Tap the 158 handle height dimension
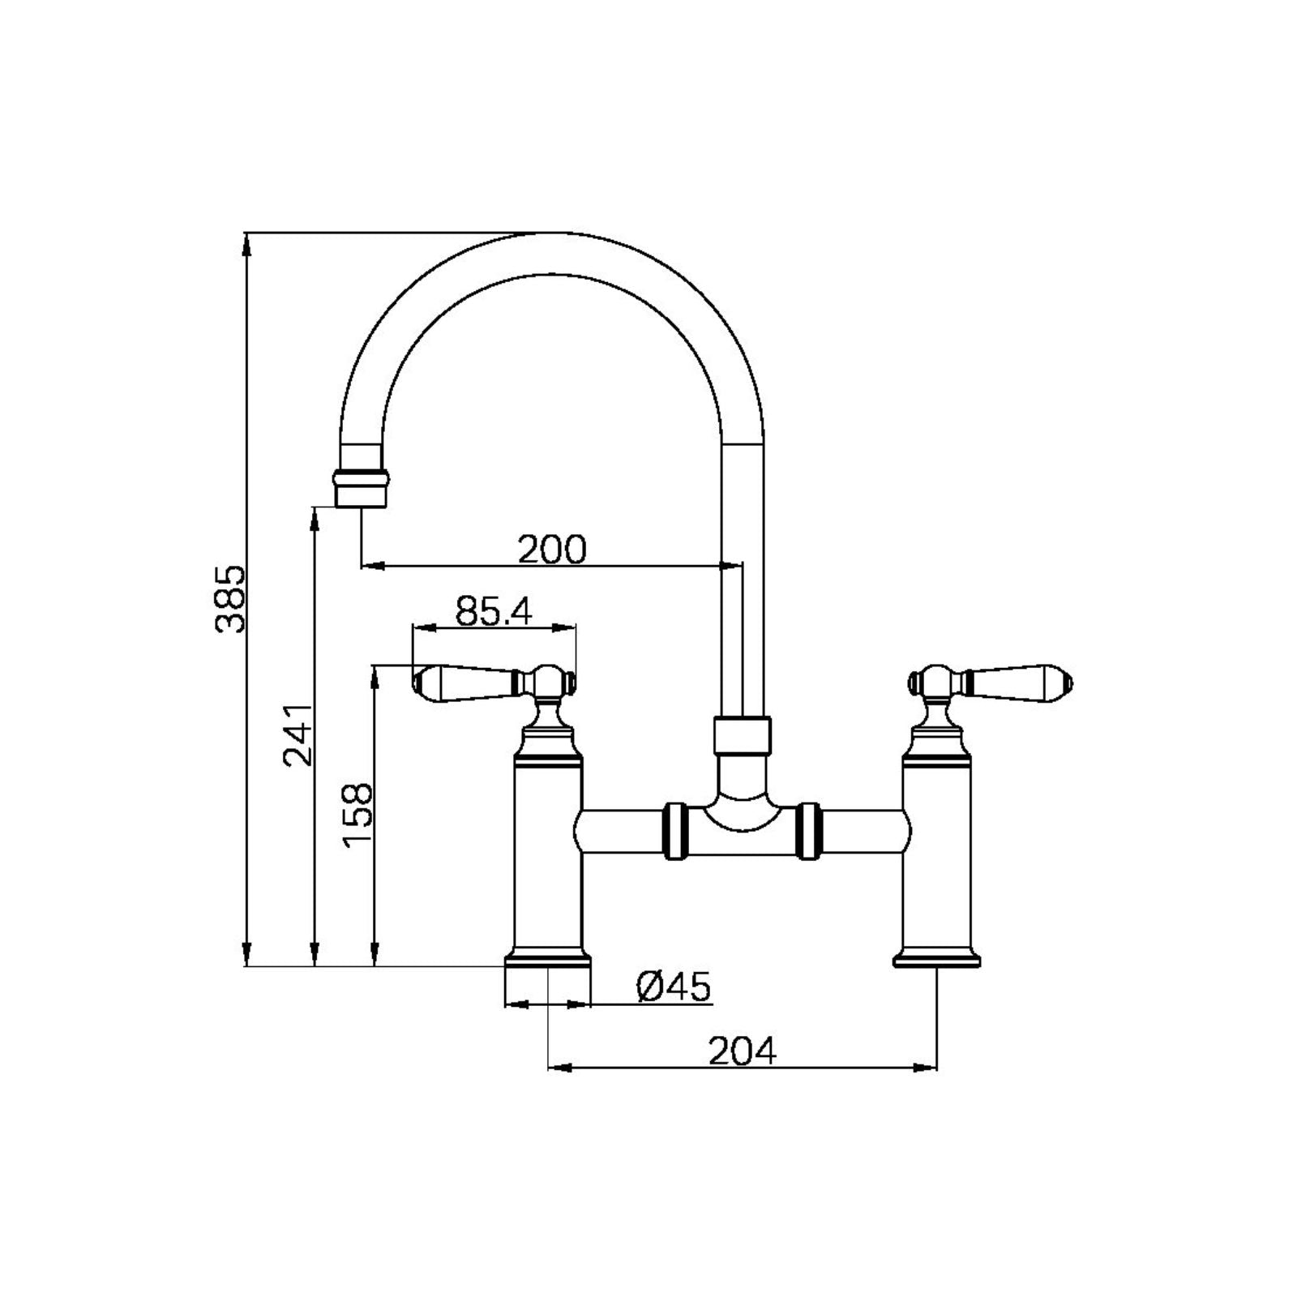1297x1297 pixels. click(357, 814)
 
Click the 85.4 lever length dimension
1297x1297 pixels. click(494, 612)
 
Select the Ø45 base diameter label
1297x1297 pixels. click(673, 987)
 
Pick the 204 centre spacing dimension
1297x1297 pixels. click(743, 1052)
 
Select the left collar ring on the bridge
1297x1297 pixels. click(675, 831)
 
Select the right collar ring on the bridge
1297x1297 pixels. click(809, 831)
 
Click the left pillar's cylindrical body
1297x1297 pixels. click(548, 859)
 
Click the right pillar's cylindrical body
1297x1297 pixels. click(938, 859)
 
